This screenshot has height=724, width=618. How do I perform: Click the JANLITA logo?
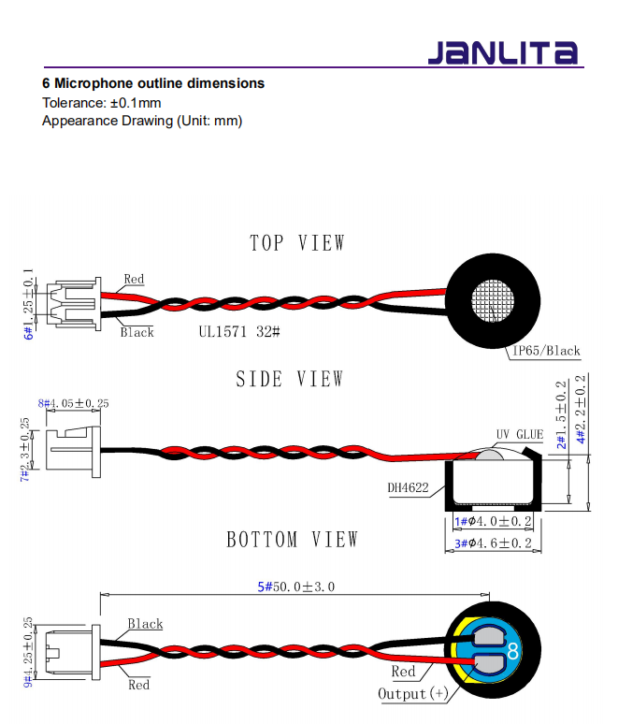pos(502,52)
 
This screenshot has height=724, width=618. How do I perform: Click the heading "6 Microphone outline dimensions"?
pos(153,83)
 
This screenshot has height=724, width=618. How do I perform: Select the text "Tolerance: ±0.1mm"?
pos(102,102)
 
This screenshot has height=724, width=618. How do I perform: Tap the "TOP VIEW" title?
pos(297,243)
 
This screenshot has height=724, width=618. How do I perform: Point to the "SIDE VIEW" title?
pos(290,379)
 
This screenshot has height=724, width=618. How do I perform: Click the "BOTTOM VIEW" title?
pos(293,540)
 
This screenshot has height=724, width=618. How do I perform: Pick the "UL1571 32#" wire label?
pos(239,331)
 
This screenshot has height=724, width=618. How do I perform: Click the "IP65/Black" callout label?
pos(546,351)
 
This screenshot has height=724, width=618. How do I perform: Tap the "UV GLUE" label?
pos(519,435)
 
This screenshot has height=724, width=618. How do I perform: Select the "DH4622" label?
pos(409,487)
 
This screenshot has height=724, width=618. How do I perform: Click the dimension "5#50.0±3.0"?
pos(295,586)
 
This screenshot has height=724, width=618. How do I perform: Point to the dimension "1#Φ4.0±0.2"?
pos(493,521)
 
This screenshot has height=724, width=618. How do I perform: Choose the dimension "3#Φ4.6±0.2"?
pos(493,543)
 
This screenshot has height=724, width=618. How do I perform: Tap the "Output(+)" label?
pos(412,693)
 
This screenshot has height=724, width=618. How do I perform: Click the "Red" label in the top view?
pos(134,279)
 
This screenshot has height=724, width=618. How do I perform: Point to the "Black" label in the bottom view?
pos(145,624)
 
